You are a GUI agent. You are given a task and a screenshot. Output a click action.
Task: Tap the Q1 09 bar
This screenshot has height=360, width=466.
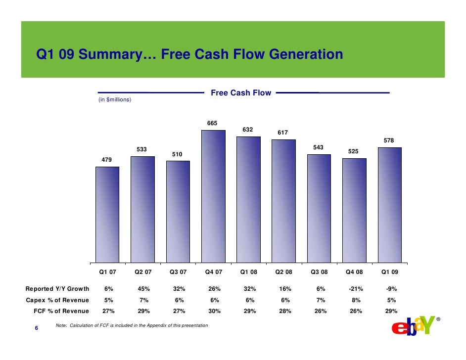[x=389, y=205]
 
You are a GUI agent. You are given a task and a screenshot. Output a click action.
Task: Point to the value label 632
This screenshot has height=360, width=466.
[x=248, y=130]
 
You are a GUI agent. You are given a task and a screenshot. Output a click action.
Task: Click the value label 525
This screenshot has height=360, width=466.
[x=354, y=151]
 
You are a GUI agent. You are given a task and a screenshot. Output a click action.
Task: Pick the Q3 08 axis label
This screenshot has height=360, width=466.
[x=319, y=271]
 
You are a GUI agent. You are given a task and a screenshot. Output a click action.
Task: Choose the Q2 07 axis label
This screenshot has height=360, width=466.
[x=142, y=271]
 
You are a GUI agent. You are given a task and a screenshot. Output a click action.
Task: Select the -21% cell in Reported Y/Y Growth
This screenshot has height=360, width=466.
[x=354, y=289]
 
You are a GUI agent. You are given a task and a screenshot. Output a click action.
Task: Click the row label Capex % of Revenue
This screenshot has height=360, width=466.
[x=57, y=300]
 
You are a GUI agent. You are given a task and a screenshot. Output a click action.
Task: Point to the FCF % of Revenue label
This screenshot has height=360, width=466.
[x=61, y=311]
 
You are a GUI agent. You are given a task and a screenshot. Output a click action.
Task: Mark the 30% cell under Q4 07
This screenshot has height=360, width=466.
[x=213, y=311]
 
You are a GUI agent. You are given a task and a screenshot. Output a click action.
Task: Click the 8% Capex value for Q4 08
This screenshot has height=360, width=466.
[x=354, y=300]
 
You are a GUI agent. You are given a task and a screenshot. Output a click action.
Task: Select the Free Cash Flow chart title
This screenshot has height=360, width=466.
[x=241, y=92]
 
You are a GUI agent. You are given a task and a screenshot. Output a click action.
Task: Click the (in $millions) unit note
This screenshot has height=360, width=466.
[x=115, y=100]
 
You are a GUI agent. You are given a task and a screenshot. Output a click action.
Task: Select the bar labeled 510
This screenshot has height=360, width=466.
[x=178, y=211]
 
